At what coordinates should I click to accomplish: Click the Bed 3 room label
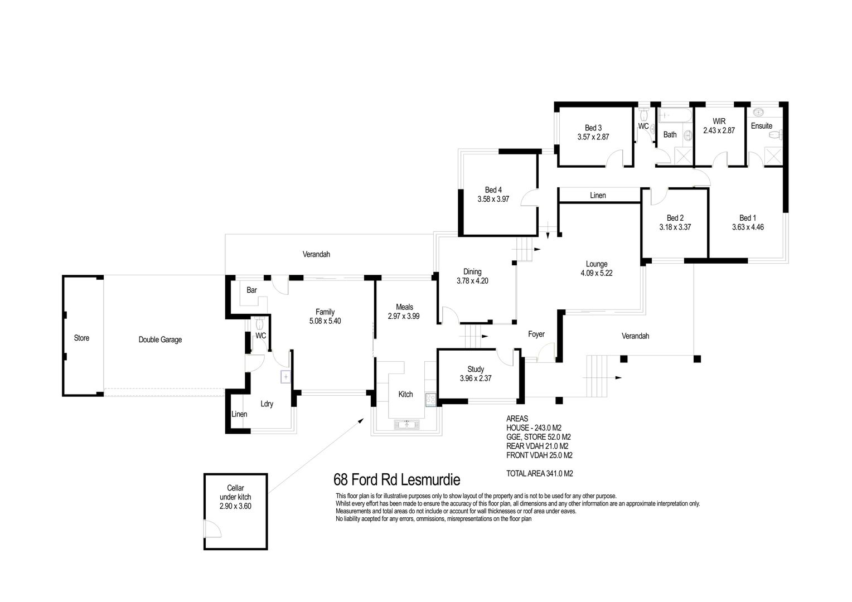pyautogui.click(x=593, y=128)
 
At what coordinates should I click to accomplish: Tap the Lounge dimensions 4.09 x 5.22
pyautogui.click(x=597, y=273)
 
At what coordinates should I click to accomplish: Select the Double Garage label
pyautogui.click(x=160, y=339)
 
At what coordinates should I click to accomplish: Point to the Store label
pyautogui.click(x=81, y=338)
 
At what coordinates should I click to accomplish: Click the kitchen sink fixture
pyautogui.click(x=406, y=424)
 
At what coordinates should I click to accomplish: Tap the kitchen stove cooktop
pyautogui.click(x=430, y=399)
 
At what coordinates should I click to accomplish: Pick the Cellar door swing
pyautogui.click(x=212, y=528)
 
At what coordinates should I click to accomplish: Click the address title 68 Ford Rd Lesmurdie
pyautogui.click(x=396, y=480)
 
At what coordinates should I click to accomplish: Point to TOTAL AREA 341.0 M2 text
pyautogui.click(x=539, y=473)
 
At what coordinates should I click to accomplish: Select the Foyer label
pyautogui.click(x=536, y=334)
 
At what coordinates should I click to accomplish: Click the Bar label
pyautogui.click(x=251, y=290)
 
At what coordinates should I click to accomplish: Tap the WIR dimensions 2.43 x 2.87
pyautogui.click(x=719, y=130)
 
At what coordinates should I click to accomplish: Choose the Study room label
pyautogui.click(x=476, y=369)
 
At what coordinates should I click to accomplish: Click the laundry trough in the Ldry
pyautogui.click(x=285, y=377)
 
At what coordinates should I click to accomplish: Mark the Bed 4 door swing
pyautogui.click(x=528, y=197)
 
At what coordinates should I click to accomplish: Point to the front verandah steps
pyautogui.click(x=597, y=376)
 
